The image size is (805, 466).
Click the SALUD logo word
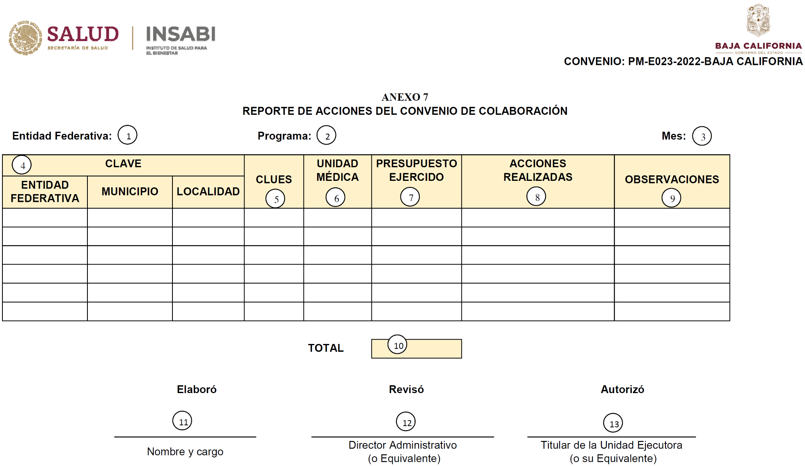pyautogui.click(x=83, y=34)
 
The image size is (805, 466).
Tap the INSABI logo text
pyautogui.click(x=181, y=34)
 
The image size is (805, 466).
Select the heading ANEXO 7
pyautogui.click(x=405, y=97)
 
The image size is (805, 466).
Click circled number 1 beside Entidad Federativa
pyautogui.click(x=128, y=135)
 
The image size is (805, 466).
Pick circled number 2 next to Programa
pyautogui.click(x=326, y=136)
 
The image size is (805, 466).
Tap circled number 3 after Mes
pyautogui.click(x=702, y=136)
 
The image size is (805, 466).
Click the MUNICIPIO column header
pyautogui.click(x=130, y=192)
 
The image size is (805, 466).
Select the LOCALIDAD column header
pyautogui.click(x=208, y=192)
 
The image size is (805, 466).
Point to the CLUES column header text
pyautogui.click(x=274, y=180)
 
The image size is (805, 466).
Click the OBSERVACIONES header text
pyautogui.click(x=672, y=180)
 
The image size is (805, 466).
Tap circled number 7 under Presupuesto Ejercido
pyautogui.click(x=410, y=197)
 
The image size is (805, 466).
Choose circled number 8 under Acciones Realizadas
pyautogui.click(x=536, y=197)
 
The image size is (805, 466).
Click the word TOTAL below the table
pyautogui.click(x=326, y=348)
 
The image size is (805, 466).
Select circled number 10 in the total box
pyautogui.click(x=398, y=345)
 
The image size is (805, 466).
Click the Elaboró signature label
pyautogui.click(x=197, y=389)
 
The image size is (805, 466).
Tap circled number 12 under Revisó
pyautogui.click(x=406, y=422)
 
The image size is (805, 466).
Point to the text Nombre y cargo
pyautogui.click(x=185, y=452)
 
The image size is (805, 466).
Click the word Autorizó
pyautogui.click(x=622, y=389)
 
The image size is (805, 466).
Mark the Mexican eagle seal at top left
pyautogui.click(x=25, y=38)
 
